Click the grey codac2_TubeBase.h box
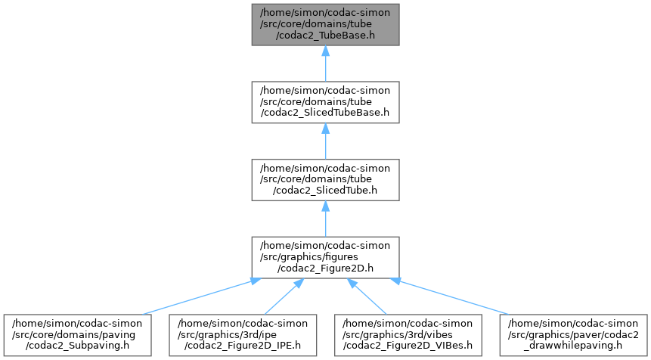[325, 24]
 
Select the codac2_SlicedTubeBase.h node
[325, 102]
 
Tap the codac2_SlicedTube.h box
[325, 180]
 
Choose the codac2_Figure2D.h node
[325, 257]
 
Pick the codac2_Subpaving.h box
[77, 335]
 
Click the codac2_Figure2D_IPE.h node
[243, 335]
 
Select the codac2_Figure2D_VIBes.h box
[408, 335]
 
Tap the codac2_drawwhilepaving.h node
[573, 335]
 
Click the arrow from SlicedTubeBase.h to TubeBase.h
[325, 64]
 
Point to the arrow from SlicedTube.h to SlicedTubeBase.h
[325, 141]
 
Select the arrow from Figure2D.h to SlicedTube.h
[325, 219]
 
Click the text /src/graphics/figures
[309, 257]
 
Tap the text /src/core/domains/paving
[73, 335]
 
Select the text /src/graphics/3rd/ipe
[227, 335]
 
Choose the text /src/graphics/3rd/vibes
[397, 335]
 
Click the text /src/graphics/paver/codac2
[573, 335]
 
